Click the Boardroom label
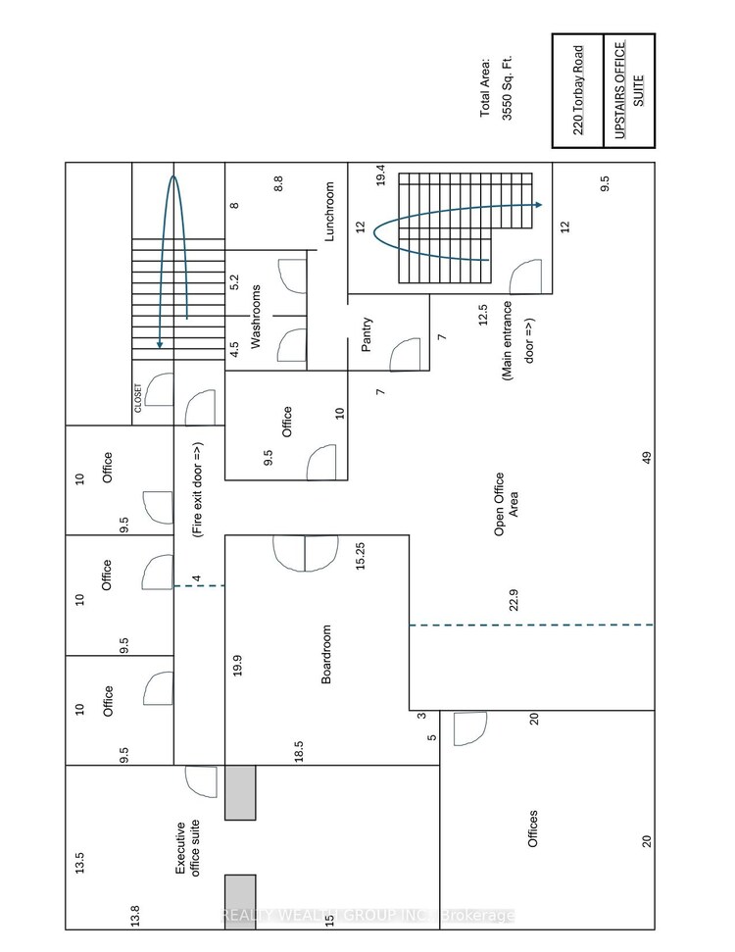click(x=326, y=655)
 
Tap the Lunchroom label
click(x=329, y=212)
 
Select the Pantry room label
click(x=367, y=334)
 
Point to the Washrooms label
click(x=256, y=317)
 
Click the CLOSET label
click(x=138, y=398)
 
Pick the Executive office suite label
click(x=187, y=848)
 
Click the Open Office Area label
click(x=507, y=504)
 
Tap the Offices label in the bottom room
click(x=533, y=828)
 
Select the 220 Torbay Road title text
click(x=578, y=90)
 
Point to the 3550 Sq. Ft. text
click(x=508, y=88)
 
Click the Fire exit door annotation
click(x=197, y=489)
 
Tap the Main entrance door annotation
click(x=517, y=340)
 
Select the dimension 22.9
click(x=514, y=600)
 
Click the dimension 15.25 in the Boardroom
click(x=361, y=556)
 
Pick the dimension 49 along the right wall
click(x=647, y=457)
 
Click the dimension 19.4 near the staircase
click(x=380, y=175)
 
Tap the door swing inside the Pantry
click(x=404, y=355)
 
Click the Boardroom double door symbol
click(x=305, y=553)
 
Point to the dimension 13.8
click(x=134, y=916)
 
